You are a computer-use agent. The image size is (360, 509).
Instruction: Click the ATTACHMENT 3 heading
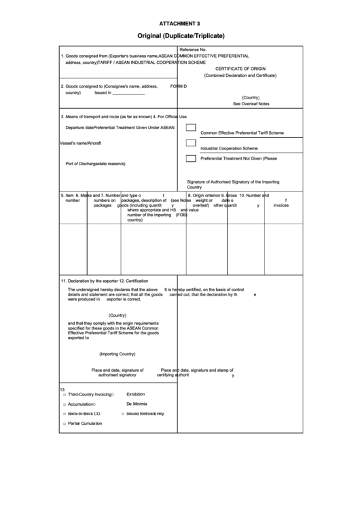tap(179, 23)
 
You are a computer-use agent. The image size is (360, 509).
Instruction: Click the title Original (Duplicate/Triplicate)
tap(179, 35)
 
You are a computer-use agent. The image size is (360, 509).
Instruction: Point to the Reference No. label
tap(193, 50)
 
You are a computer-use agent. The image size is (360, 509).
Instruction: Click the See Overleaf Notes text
tap(251, 104)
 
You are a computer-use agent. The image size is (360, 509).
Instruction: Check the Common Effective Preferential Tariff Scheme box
tap(191, 127)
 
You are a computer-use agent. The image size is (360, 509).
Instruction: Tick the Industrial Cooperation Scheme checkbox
tap(191, 143)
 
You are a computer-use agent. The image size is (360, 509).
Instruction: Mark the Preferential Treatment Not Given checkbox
tap(191, 158)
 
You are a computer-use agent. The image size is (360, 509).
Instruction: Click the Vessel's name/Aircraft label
tap(81, 143)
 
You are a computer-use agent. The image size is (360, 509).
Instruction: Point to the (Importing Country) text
tap(118, 354)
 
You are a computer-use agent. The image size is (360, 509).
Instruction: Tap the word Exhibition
tap(136, 394)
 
